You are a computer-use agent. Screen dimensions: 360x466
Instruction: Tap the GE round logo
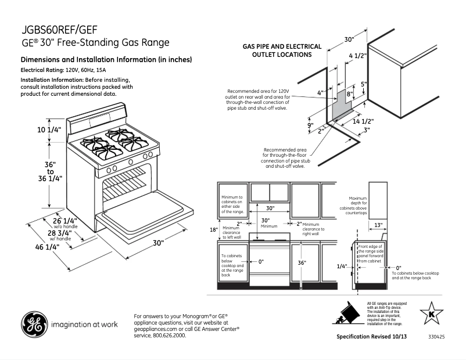pos(34,325)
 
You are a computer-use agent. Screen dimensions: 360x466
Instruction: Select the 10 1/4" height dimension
pos(49,130)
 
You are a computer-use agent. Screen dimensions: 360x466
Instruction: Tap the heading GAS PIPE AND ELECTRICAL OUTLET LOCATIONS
pos(282,51)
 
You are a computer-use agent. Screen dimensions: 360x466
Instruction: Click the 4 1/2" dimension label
pos(357,56)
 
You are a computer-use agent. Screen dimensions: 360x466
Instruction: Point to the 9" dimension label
pos(310,125)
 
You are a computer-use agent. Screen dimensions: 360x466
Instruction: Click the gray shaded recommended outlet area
pos(340,105)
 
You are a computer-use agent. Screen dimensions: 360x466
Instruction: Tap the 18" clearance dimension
pos(213,229)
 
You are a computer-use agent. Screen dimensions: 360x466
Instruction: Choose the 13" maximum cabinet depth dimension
pos(378,225)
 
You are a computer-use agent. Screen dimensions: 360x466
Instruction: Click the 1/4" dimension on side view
pos(342,266)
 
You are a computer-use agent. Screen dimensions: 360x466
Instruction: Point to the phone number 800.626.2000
pos(169,336)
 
